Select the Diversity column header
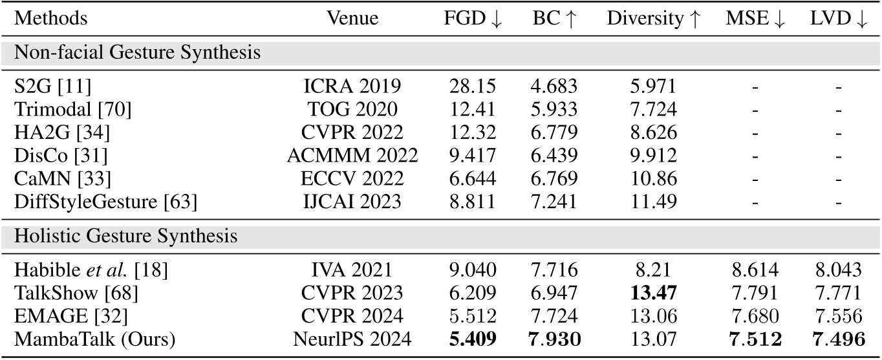[x=653, y=19]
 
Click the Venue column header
[x=352, y=19]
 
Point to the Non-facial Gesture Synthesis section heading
[x=138, y=53]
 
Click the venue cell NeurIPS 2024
[x=352, y=340]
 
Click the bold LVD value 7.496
[x=839, y=340]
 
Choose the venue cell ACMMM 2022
[x=352, y=156]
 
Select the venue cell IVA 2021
[x=352, y=271]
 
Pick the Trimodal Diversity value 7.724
[x=653, y=110]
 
